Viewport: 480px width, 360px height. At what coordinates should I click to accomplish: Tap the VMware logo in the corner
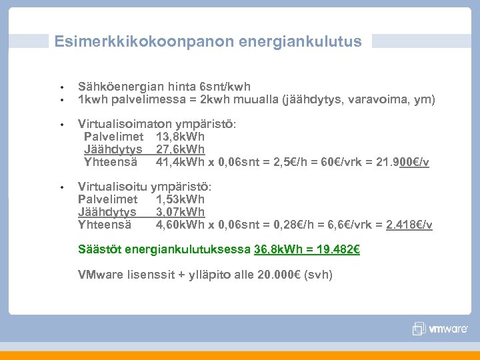coord(441,329)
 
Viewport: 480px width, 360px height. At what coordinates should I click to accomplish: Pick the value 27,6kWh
coord(180,149)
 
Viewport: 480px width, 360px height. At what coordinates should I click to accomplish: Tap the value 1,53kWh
coord(180,199)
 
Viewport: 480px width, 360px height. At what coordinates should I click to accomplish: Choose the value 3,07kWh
coord(180,212)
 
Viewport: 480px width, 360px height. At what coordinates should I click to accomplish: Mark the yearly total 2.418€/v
coord(409,225)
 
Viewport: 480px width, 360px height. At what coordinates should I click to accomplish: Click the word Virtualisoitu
coord(113,187)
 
